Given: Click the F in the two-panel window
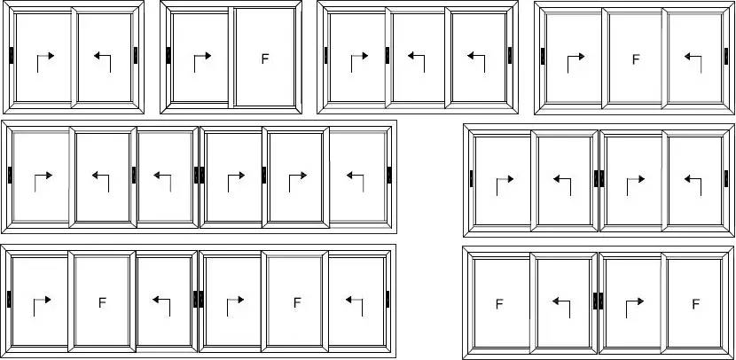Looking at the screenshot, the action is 265,59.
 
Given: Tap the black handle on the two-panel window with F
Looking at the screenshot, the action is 168,55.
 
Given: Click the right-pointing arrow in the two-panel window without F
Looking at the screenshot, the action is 45,63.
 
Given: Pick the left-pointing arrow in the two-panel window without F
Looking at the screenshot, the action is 102,63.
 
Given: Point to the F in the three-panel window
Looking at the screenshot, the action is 636,59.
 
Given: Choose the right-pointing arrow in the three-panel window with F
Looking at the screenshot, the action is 575,64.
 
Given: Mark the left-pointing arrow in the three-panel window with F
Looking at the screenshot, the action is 693,64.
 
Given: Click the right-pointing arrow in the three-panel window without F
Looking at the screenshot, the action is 359,63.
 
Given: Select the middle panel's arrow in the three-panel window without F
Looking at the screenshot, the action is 417,63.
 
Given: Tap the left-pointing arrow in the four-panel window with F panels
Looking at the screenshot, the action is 561,309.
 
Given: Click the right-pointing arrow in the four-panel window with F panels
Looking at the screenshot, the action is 635,309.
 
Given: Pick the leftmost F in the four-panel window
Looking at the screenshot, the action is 499,305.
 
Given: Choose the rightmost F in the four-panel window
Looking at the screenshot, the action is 695,304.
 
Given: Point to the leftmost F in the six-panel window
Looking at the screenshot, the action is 102,302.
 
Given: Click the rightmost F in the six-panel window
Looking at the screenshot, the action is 297,302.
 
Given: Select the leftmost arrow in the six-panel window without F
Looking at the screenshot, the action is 43,183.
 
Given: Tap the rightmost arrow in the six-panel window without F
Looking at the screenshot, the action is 356,183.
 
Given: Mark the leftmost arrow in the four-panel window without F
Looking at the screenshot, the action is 505,186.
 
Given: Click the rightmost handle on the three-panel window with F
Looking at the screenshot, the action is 726,56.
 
